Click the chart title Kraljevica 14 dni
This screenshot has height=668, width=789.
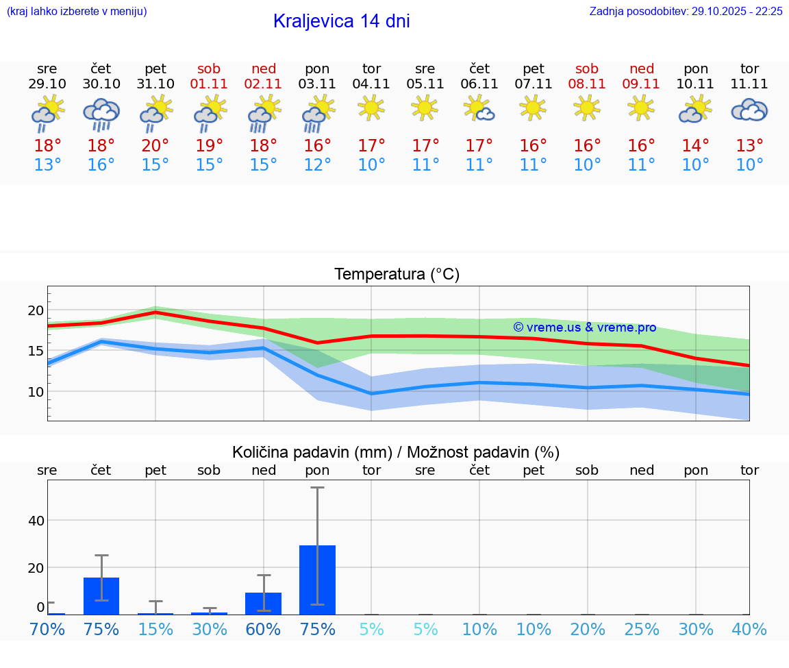tap(341, 21)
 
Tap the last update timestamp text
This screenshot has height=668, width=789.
tap(686, 12)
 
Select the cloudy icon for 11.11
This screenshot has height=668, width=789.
tap(749, 110)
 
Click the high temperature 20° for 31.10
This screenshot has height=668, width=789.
tap(155, 146)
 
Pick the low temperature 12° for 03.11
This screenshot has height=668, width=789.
tap(317, 165)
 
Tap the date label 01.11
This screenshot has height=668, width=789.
tap(210, 84)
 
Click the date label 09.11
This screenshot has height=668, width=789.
tap(642, 84)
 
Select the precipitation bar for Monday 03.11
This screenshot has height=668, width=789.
tap(317, 580)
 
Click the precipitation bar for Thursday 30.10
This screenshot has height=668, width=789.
tap(101, 596)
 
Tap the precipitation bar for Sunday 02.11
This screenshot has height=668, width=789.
tap(264, 604)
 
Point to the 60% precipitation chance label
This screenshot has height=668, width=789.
tap(264, 629)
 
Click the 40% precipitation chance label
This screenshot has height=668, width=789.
tap(749, 629)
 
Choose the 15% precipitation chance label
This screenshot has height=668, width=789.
tap(155, 629)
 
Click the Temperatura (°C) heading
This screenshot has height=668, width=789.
tap(397, 275)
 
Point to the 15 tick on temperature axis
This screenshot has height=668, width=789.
tap(36, 351)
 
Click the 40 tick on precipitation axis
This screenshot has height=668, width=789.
tap(36, 521)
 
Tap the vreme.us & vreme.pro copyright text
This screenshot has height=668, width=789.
tap(584, 327)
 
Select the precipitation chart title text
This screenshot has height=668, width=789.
tap(396, 452)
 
